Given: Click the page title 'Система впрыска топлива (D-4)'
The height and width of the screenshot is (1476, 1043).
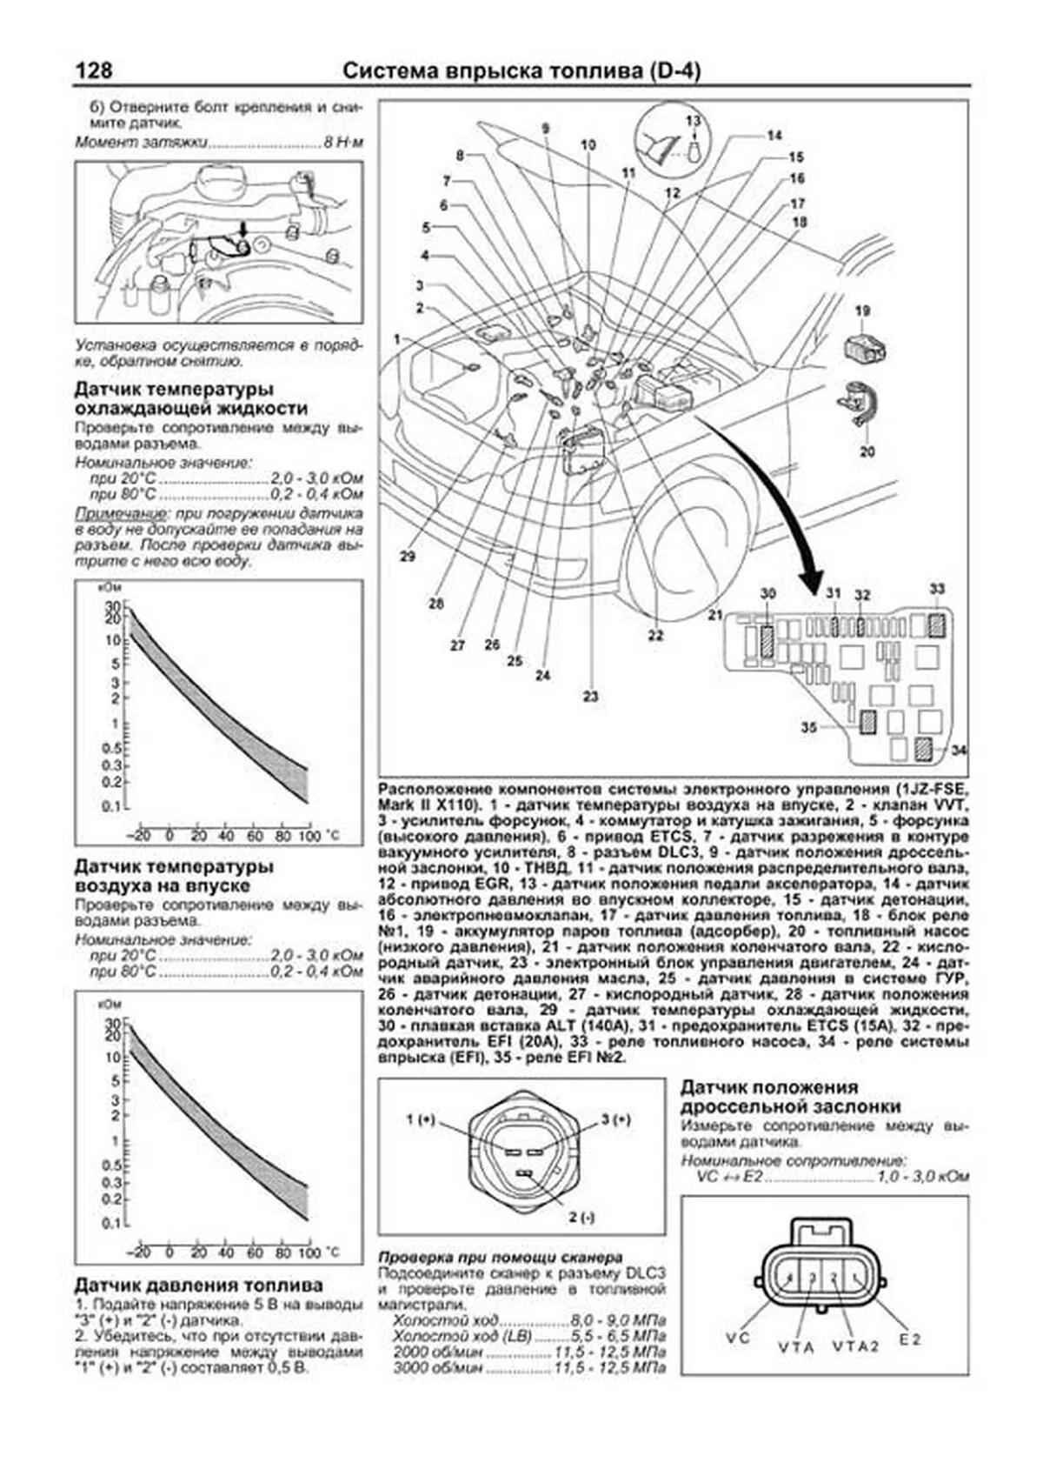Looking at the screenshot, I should [x=521, y=71].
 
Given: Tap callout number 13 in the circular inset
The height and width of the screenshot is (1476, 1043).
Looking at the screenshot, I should [x=693, y=121].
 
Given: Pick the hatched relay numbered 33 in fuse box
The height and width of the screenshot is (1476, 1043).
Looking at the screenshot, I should [x=936, y=623].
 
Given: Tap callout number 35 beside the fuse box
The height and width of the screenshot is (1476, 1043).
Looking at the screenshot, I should [x=809, y=727].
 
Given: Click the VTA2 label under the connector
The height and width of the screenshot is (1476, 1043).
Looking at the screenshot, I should [x=856, y=1346].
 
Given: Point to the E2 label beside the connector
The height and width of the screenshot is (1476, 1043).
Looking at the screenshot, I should [x=910, y=1339].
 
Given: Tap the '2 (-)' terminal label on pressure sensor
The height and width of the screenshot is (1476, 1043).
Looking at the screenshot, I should [x=581, y=1218].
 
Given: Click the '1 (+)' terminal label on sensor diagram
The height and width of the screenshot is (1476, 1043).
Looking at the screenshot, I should [x=421, y=1120].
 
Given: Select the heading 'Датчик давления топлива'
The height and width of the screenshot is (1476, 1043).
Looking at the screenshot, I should [x=198, y=1285].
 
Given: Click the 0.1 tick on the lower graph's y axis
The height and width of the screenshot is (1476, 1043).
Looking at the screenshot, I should [x=111, y=1224].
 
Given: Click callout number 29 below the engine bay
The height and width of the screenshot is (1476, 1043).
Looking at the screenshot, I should [x=408, y=556].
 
